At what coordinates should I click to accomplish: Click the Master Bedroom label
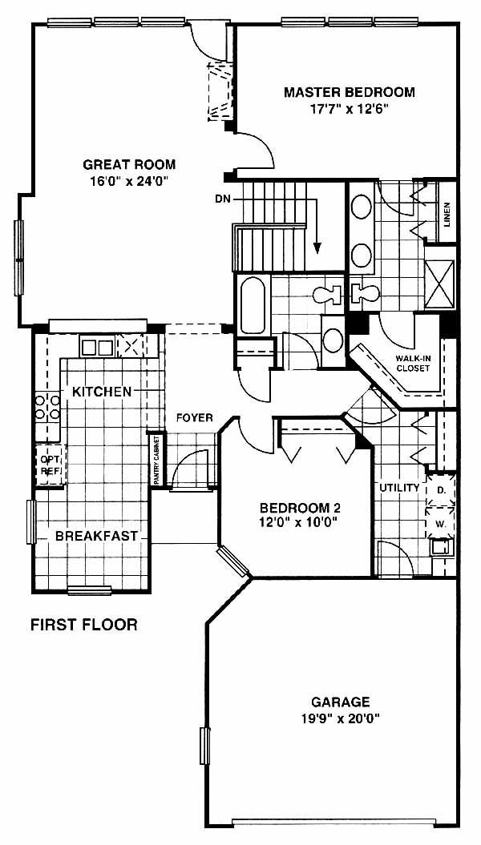click(350, 92)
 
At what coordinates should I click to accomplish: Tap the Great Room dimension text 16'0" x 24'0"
click(130, 180)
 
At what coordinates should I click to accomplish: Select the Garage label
click(341, 702)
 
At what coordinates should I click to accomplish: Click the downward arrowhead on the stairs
click(317, 248)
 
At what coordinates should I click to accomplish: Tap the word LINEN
click(447, 215)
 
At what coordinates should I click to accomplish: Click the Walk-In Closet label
click(413, 363)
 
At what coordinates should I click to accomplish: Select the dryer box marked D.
click(441, 491)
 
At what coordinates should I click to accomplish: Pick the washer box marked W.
click(441, 522)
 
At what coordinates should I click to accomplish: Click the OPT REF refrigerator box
click(49, 465)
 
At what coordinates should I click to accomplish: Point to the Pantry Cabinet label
click(156, 460)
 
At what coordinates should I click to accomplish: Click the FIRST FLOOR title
click(83, 625)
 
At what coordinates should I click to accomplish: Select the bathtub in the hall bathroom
click(253, 305)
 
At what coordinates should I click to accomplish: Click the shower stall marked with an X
click(439, 284)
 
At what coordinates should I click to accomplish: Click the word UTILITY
click(399, 489)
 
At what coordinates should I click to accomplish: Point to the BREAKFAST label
click(96, 536)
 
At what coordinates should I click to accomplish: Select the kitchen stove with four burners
click(47, 408)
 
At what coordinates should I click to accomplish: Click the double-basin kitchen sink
click(97, 346)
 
